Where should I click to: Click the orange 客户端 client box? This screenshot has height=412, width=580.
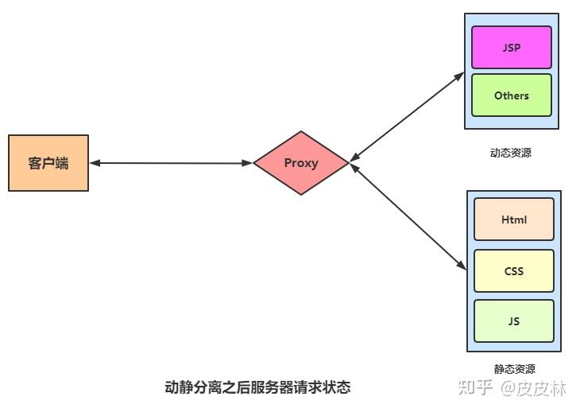coord(48,163)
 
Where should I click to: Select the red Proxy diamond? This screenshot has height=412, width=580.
coord(301,163)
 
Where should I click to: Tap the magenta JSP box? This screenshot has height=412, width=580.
coord(511,47)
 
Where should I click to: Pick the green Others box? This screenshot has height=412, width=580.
coord(511,95)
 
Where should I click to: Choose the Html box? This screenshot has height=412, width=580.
coord(514,220)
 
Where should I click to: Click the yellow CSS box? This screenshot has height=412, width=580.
coord(514,271)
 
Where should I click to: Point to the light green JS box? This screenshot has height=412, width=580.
coord(514,321)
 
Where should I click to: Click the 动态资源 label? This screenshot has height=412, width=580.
coord(511,153)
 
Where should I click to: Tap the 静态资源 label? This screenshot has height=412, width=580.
coord(514,369)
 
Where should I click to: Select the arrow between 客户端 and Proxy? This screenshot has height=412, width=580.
coord(171,163)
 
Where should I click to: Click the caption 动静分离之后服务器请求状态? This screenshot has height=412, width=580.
coord(257,388)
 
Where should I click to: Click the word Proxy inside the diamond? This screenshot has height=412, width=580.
coord(301,163)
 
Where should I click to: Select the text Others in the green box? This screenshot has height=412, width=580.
coord(511,95)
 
